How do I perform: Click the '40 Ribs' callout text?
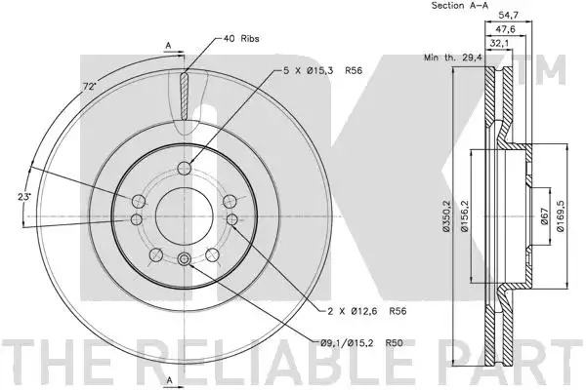click(x=241, y=38)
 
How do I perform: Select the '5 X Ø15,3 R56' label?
click(x=323, y=70)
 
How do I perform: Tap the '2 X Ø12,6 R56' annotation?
click(x=366, y=311)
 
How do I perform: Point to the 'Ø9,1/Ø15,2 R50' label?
click(x=361, y=342)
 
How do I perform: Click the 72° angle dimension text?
click(x=89, y=87)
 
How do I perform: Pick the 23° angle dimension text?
click(x=23, y=197)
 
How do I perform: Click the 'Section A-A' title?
click(x=460, y=6)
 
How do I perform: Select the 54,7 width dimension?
click(x=509, y=16)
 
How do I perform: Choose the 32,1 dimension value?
click(x=499, y=43)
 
